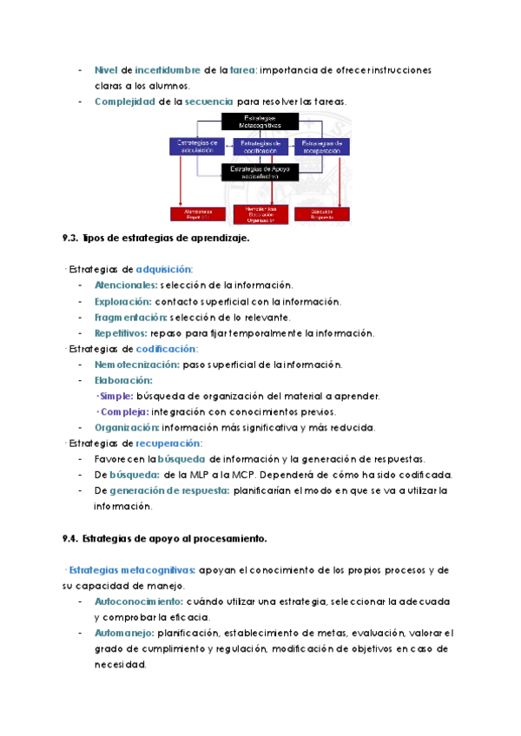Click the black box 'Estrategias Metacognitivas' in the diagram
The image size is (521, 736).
pos(260,122)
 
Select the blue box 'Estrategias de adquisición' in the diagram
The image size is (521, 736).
pos(197,146)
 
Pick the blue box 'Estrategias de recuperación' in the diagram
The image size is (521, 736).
pos(321,146)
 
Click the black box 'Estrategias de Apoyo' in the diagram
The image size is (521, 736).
pos(260,172)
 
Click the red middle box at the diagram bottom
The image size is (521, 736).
pos(260,214)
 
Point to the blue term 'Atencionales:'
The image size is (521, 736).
pos(126,285)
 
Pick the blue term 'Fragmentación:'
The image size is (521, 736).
pos(131,317)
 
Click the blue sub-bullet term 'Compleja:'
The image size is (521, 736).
pos(123,411)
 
